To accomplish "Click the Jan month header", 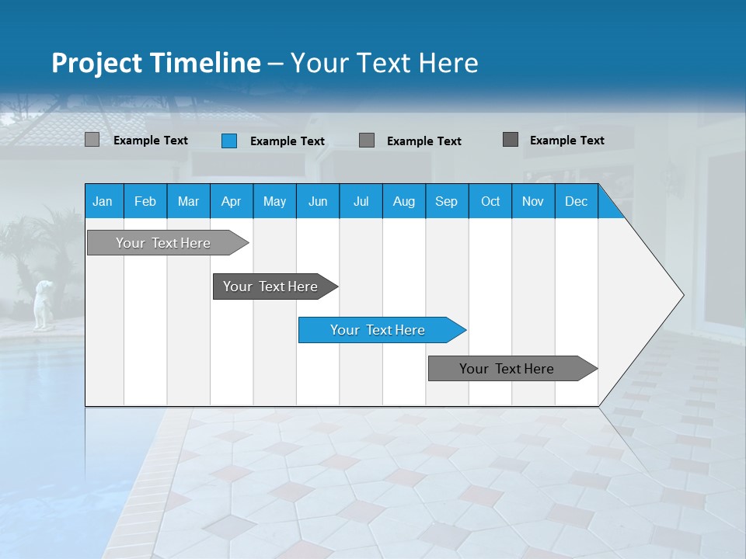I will coord(103,201).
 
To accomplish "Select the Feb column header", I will coord(145,201).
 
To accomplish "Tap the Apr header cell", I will coord(231,201).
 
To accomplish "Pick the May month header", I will coord(274,201).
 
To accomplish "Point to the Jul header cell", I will coord(361,201).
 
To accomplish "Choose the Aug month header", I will coord(403,201).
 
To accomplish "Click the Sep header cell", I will coord(446,201).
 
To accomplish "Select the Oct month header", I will coord(490,201).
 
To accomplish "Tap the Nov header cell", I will coord(532,201).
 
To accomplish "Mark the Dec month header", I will coord(576,201).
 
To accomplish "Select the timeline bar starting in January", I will coord(163,243).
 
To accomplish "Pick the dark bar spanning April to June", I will coord(270,286).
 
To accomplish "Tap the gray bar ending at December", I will coord(507,369).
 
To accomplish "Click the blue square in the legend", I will coord(229,141).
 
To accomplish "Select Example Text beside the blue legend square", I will coord(287,141).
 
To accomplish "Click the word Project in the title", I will coord(98,63).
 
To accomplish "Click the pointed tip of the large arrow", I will coord(682,295).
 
